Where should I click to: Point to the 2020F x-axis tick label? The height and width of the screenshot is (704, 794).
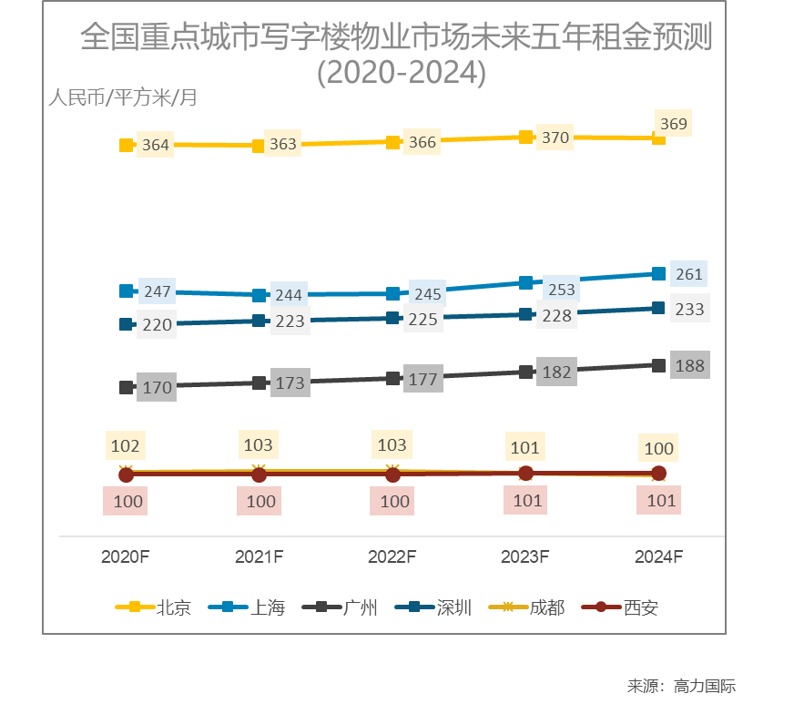pyautogui.click(x=126, y=556)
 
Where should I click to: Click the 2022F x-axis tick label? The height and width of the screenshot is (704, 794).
pyautogui.click(x=392, y=556)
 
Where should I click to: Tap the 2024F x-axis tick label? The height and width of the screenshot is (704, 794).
pyautogui.click(x=658, y=556)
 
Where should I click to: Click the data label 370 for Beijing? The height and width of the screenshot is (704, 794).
pyautogui.click(x=555, y=138)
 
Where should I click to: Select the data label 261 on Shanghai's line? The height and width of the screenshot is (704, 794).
pyautogui.click(x=689, y=274)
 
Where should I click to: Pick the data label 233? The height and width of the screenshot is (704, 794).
pyautogui.click(x=689, y=310)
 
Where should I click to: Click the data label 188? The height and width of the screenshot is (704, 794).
pyautogui.click(x=689, y=366)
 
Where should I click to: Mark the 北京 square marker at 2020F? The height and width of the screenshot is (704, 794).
pyautogui.click(x=126, y=145)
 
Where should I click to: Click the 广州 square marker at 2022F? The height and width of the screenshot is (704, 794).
pyautogui.click(x=392, y=378)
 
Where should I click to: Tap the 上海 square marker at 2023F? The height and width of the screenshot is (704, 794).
pyautogui.click(x=525, y=282)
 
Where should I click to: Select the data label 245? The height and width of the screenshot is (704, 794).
pyautogui.click(x=427, y=294)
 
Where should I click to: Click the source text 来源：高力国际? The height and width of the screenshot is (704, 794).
pyautogui.click(x=681, y=686)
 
